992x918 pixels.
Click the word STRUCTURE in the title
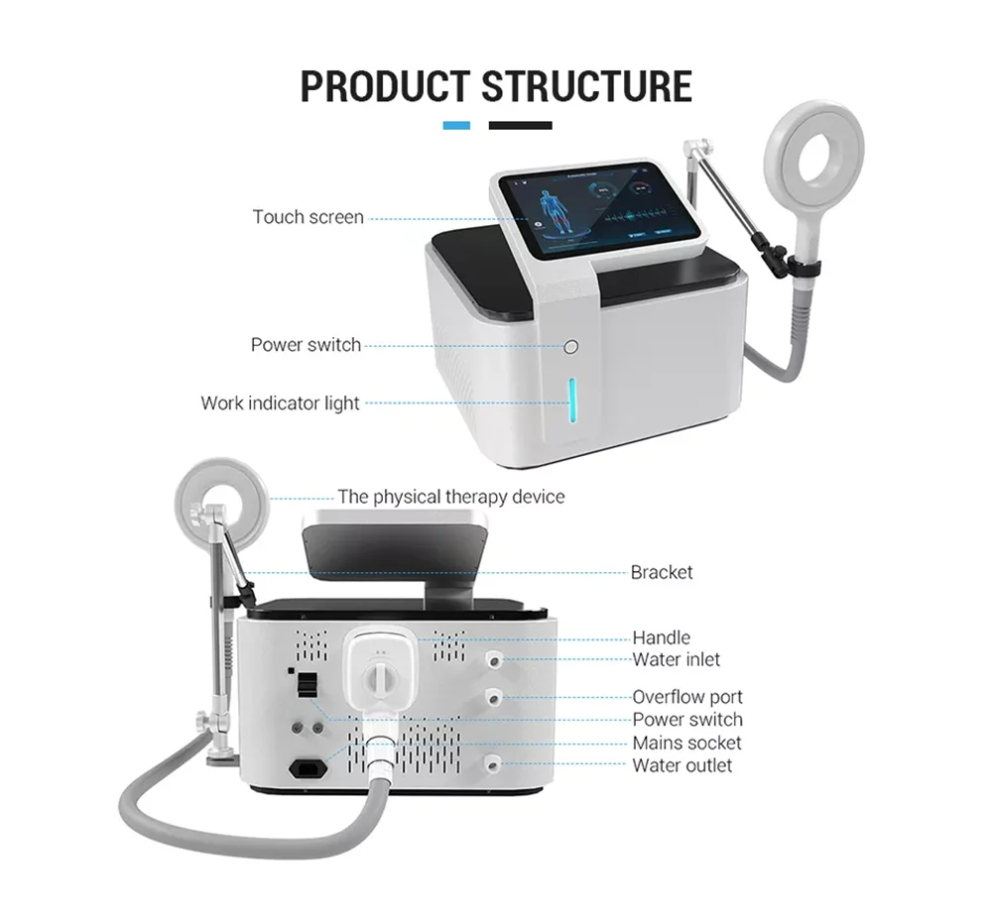[x=587, y=86]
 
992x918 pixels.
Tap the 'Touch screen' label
[x=308, y=217]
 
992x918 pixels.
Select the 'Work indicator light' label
[x=281, y=403]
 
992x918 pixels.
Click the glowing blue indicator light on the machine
[x=572, y=403]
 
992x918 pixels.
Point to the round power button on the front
[x=570, y=347]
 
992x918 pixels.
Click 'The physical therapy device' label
[x=450, y=497]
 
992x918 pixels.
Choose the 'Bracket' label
[x=662, y=572]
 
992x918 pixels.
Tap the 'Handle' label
[x=661, y=637]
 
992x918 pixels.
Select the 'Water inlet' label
[x=677, y=659]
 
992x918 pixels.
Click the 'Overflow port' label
[x=687, y=697]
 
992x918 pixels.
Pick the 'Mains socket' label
[x=686, y=743]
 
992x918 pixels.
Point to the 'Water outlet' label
[x=682, y=765]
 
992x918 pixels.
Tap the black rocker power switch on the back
[x=308, y=685]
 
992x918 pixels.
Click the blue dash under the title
[x=456, y=126]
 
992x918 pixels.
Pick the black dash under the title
[x=520, y=126]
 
